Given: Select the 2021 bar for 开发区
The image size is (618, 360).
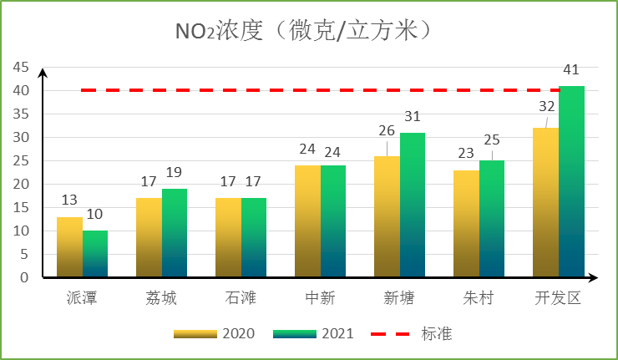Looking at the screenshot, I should [571, 181].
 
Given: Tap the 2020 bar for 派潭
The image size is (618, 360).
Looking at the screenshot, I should [69, 247].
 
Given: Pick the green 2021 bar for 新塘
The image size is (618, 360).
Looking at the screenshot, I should [413, 205].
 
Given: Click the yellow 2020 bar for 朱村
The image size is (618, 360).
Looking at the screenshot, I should [466, 224].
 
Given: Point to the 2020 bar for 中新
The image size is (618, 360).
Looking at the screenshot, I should [307, 221].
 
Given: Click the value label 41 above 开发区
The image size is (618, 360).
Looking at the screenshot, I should [571, 70].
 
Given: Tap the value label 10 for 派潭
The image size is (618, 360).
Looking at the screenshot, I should [94, 215].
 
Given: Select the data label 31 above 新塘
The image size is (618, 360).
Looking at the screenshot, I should [413, 117].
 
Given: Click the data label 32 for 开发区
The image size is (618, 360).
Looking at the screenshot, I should [547, 106].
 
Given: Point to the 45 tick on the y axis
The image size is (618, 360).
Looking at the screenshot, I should [19, 67].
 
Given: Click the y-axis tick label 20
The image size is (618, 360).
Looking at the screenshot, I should [19, 184].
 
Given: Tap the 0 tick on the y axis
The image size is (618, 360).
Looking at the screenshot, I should [23, 277].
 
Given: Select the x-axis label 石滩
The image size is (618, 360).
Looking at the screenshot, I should [241, 298].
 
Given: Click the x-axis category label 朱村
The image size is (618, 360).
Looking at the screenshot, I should [479, 298].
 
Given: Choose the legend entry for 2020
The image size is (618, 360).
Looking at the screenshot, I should [214, 334].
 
